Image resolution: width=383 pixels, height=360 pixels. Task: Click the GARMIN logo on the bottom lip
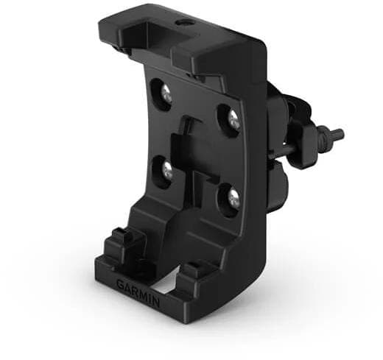click(138, 294)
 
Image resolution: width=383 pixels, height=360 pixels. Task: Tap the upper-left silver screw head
click(166, 94)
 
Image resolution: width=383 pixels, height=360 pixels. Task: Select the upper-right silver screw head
click(233, 120)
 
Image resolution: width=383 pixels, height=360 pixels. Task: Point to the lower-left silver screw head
click(168, 170)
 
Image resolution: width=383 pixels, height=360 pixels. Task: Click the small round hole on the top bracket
click(183, 24)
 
